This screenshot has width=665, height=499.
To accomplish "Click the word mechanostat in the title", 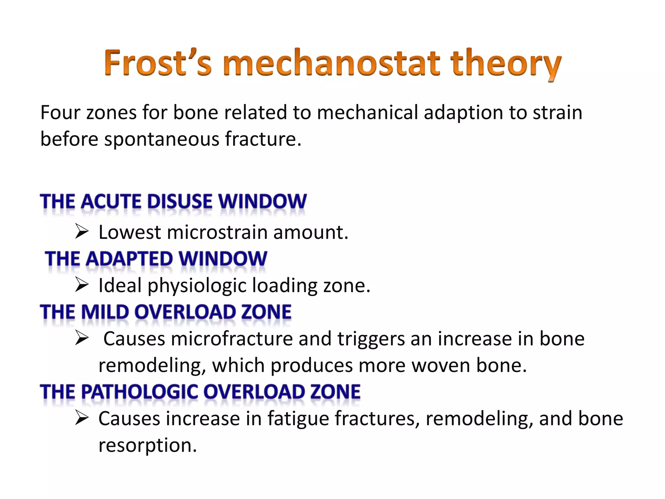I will coord(331,63).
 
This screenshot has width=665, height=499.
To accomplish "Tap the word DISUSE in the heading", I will coord(180,201).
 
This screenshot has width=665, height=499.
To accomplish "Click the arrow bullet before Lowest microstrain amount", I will coord(82,232).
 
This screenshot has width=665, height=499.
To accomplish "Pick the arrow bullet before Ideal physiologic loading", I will coord(82,285).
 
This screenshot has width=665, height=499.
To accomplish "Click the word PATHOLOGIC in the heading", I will coord(140,391).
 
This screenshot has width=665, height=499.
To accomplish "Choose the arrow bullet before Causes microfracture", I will coord(82,338).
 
